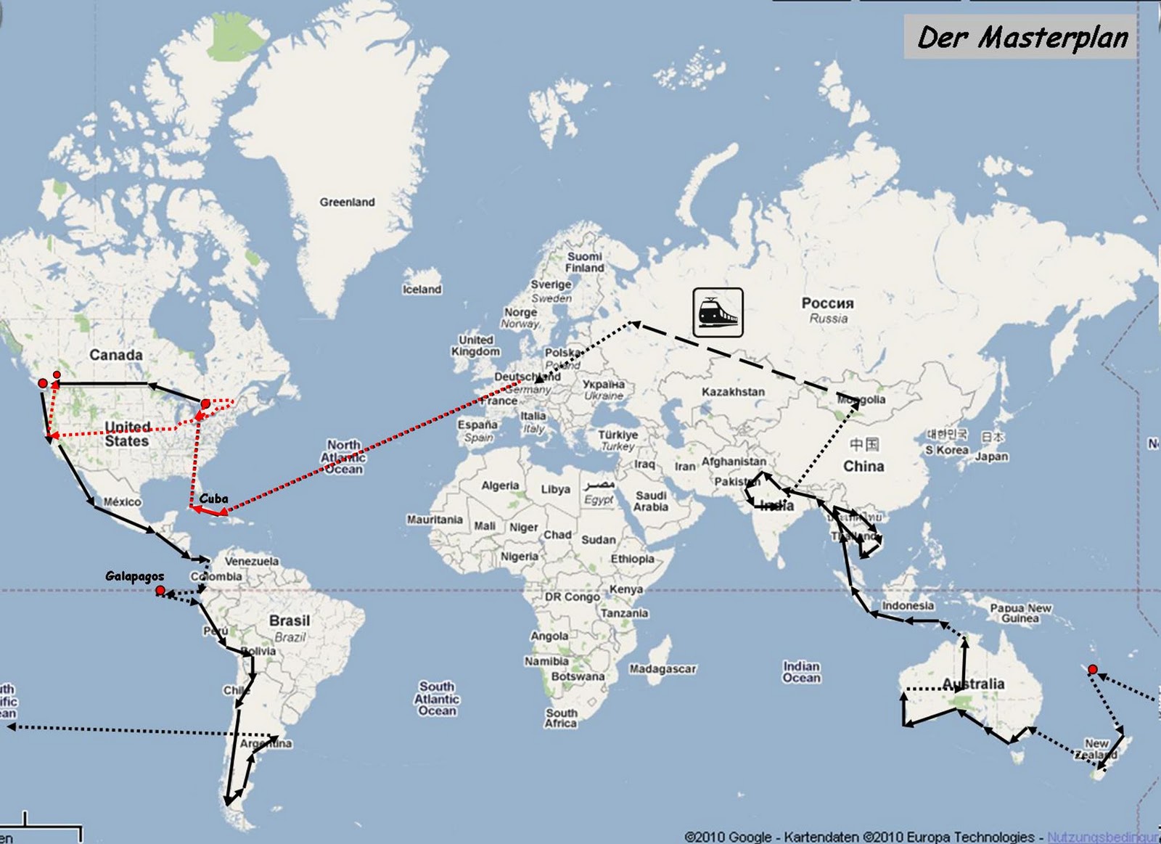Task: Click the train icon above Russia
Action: (x=718, y=313)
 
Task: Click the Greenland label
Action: (x=347, y=202)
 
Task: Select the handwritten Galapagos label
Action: (x=134, y=576)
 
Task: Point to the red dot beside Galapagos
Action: (x=160, y=590)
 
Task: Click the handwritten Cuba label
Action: (x=213, y=499)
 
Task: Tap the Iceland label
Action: (x=422, y=290)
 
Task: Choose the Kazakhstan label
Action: (x=733, y=392)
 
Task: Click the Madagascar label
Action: (x=662, y=669)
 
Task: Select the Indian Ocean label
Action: (x=801, y=672)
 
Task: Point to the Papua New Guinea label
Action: (x=1020, y=613)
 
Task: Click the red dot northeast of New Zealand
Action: (x=1093, y=669)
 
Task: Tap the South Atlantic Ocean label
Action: (x=437, y=699)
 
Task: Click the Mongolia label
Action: (x=861, y=400)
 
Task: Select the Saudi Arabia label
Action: (x=650, y=501)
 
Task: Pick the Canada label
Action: (x=116, y=355)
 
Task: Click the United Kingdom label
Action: (x=475, y=345)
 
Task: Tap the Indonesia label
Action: (x=908, y=606)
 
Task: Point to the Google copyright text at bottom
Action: (x=860, y=837)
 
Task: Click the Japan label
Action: (x=991, y=456)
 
